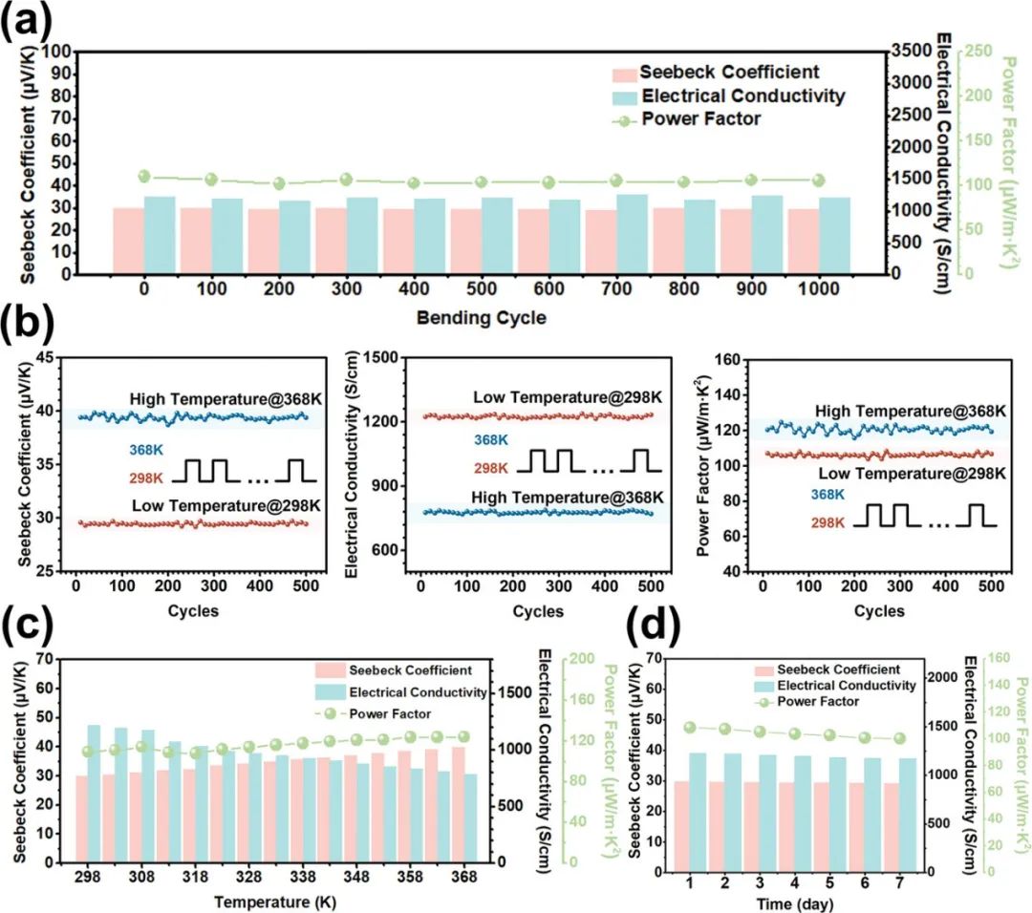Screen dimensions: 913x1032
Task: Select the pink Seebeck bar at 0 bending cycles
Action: tap(128, 241)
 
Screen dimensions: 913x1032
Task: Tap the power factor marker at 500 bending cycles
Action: tap(481, 182)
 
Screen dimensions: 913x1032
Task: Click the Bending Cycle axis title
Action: tap(481, 318)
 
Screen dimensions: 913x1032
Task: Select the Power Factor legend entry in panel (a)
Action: tap(701, 119)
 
